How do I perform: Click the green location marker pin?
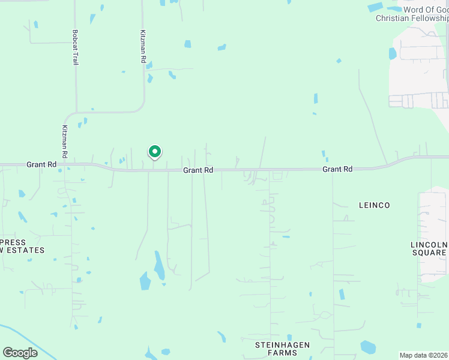(154, 152)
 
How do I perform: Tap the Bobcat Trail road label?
(76, 47)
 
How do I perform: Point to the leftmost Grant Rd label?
(41, 164)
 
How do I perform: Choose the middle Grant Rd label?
(198, 170)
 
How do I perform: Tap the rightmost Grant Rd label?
(337, 170)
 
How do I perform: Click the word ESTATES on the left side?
(24, 250)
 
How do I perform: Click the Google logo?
(20, 353)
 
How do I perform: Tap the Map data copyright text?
(424, 355)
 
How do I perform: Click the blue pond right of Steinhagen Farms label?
(367, 347)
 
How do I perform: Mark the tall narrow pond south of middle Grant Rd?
(160, 265)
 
